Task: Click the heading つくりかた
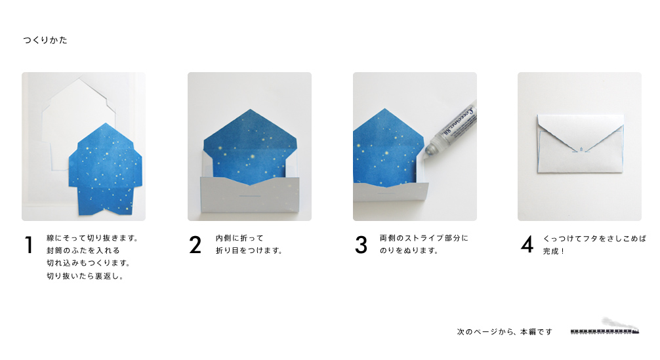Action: [x=45, y=41]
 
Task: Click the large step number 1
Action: [x=29, y=245]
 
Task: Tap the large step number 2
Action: [x=196, y=245]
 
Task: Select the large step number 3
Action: [x=361, y=245]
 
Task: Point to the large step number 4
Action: [x=527, y=245]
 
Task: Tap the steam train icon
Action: [x=606, y=327]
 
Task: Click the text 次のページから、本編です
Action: [x=505, y=332]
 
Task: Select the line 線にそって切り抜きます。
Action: [x=93, y=238]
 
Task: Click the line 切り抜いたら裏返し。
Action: [x=85, y=276]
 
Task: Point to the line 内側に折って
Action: [x=239, y=238]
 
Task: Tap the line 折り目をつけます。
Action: [x=249, y=250]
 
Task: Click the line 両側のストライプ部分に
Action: [x=424, y=238]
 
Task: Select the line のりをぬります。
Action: [x=409, y=250]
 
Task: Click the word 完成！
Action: [x=554, y=251]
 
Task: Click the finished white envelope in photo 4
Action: [x=580, y=143]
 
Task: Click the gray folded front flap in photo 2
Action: [x=250, y=195]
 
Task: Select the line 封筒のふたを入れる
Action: [x=83, y=250]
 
